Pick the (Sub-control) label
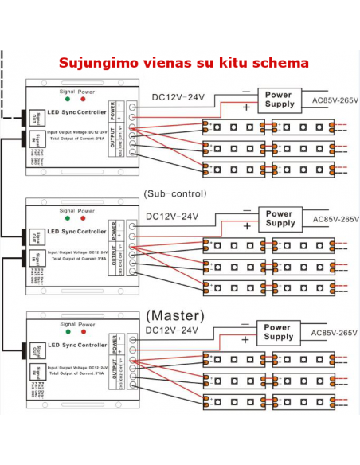(x=174, y=193)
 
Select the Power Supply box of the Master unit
(x=277, y=332)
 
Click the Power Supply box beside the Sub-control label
(x=279, y=218)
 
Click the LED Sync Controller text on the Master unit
(x=78, y=346)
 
